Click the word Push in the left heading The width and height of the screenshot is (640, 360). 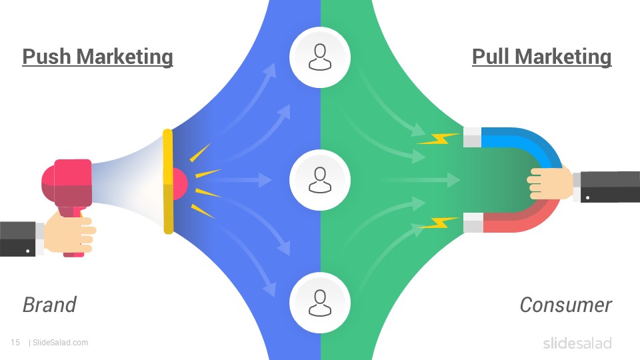point(47,56)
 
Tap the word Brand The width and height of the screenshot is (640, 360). point(49,305)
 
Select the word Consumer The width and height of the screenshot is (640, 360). point(565,305)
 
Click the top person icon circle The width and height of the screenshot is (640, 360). point(320,57)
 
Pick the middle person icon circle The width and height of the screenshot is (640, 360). point(320,180)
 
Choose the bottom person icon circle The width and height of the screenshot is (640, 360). point(320,303)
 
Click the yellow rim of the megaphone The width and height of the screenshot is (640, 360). point(168,181)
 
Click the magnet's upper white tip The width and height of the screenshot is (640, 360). point(473,137)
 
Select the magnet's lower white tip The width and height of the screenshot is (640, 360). point(473,223)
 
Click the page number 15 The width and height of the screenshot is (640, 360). point(15,343)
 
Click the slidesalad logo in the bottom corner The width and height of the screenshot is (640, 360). point(577,343)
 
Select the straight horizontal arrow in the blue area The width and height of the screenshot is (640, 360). point(244,179)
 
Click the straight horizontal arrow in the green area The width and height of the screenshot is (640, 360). point(421,179)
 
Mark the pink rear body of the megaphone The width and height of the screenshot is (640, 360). point(67,184)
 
